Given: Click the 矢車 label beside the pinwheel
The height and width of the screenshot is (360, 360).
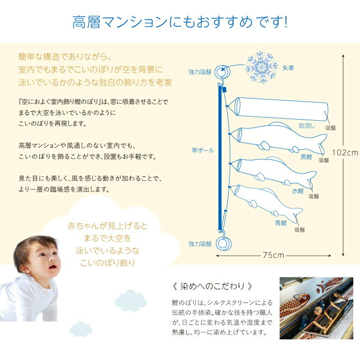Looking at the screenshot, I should click(x=288, y=68).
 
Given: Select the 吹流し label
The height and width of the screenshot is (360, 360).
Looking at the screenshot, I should click(x=308, y=127).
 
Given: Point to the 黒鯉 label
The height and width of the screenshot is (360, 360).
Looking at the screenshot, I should click(x=306, y=157).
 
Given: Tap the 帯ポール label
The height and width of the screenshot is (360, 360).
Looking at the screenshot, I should click(x=203, y=150).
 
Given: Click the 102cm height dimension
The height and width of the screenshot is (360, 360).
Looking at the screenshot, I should click(x=345, y=151).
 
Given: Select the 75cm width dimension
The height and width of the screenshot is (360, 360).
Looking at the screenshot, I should click(x=274, y=255).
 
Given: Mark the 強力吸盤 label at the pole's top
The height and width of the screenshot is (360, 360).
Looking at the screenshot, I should click(x=200, y=71).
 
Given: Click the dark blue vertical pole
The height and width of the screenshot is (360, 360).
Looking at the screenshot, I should click(x=220, y=159).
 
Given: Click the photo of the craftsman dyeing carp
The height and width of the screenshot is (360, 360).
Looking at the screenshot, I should click(x=316, y=307).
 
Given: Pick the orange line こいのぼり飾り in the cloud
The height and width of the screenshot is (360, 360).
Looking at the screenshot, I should click(x=109, y=262).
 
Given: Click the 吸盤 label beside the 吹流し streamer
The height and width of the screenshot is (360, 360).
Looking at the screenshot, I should click(x=330, y=128).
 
